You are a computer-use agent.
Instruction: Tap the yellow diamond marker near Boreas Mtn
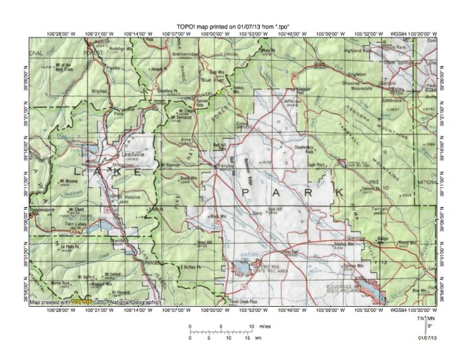click(x=219, y=91)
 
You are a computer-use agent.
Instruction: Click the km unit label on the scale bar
click(x=257, y=339)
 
